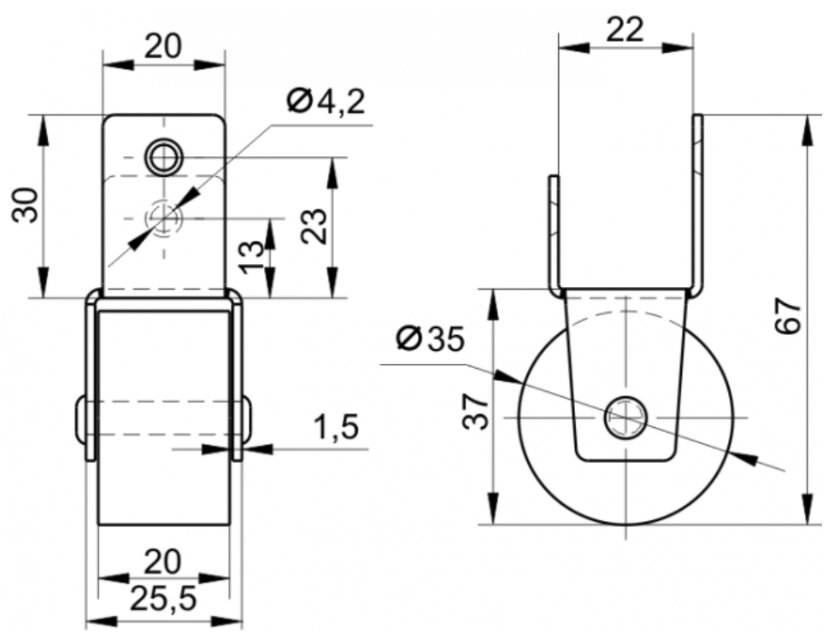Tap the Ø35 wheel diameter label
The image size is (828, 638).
coord(431,338)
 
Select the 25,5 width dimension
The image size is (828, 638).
coord(163,599)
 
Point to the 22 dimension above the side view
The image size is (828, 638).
coord(625,29)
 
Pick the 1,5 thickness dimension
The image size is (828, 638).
coord(337,426)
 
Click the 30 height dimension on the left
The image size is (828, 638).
coord(26,205)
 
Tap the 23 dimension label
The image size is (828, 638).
coord(314,226)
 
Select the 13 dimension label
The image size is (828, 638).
coord(252,257)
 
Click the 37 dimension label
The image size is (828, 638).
coord(476,411)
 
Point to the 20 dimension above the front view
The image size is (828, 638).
coord(163,46)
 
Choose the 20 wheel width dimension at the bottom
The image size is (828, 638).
coord(163,561)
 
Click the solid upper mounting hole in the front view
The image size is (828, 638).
coord(165,157)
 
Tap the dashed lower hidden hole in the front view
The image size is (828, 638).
coord(164,218)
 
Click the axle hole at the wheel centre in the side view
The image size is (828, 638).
coord(625,417)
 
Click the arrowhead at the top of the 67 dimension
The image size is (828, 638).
coord(807,131)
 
